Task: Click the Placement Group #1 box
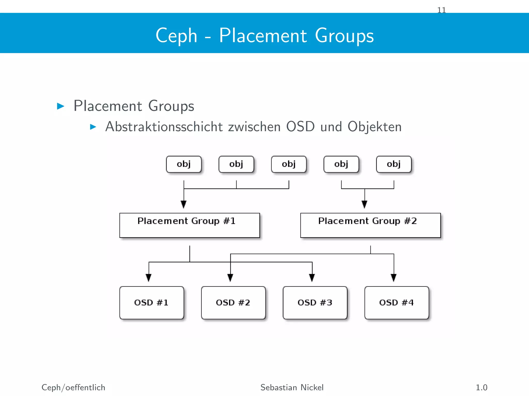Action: pyautogui.click(x=189, y=225)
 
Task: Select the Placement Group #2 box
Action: pyautogui.click(x=370, y=225)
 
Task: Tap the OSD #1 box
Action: pyautogui.click(x=152, y=303)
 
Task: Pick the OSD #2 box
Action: pyautogui.click(x=233, y=303)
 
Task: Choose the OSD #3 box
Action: pyautogui.click(x=315, y=303)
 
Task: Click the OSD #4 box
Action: pyautogui.click(x=396, y=303)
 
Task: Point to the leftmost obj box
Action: pyautogui.click(x=184, y=164)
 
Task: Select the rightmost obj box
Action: pyautogui.click(x=394, y=164)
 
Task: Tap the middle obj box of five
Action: pyautogui.click(x=289, y=164)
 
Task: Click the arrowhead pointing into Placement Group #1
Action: pyautogui.click(x=184, y=204)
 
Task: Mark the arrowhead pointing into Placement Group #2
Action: pyautogui.click(x=364, y=204)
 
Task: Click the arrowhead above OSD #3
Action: pyautogui.click(x=312, y=278)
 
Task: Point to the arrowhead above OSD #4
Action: pyautogui.click(x=394, y=278)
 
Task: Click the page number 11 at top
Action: pyautogui.click(x=441, y=10)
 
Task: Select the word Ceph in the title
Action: pyautogui.click(x=176, y=35)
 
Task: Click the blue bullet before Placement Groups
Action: pyautogui.click(x=60, y=106)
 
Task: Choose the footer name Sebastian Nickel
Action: pyautogui.click(x=292, y=387)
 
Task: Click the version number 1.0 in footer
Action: pyautogui.click(x=481, y=387)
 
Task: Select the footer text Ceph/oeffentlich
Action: pyautogui.click(x=73, y=387)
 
